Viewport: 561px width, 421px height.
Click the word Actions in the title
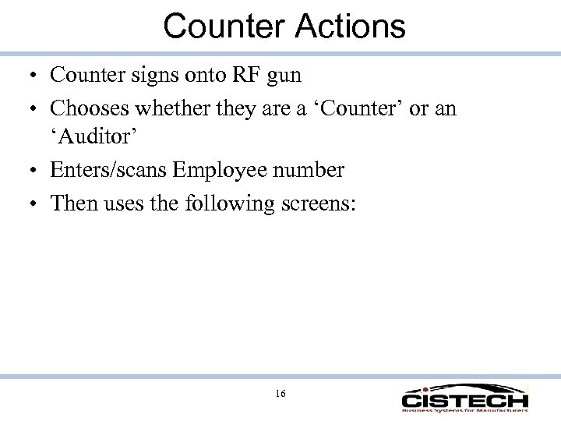coord(351,26)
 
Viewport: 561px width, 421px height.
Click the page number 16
coord(280,393)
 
